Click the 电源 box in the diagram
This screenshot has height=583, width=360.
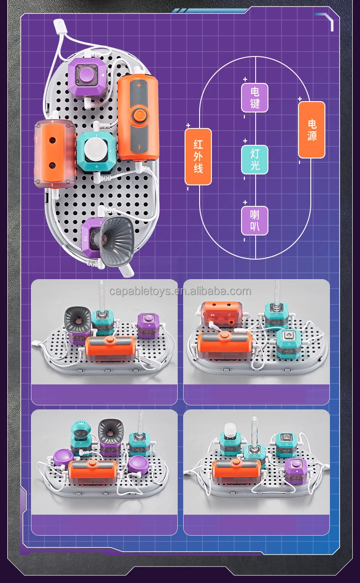point(312,130)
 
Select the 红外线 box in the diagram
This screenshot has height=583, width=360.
point(198,157)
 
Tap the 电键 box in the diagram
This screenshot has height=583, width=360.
point(255,97)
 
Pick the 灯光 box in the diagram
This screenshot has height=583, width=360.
point(255,159)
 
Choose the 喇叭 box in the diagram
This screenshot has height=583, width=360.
point(255,220)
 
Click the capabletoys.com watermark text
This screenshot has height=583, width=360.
point(180,291)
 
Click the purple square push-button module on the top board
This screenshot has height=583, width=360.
point(87,76)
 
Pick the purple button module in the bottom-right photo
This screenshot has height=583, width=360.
point(296,470)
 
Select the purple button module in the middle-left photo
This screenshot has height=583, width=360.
point(148,325)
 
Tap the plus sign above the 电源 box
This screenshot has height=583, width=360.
point(300,99)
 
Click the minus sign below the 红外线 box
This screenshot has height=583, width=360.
point(188,188)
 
